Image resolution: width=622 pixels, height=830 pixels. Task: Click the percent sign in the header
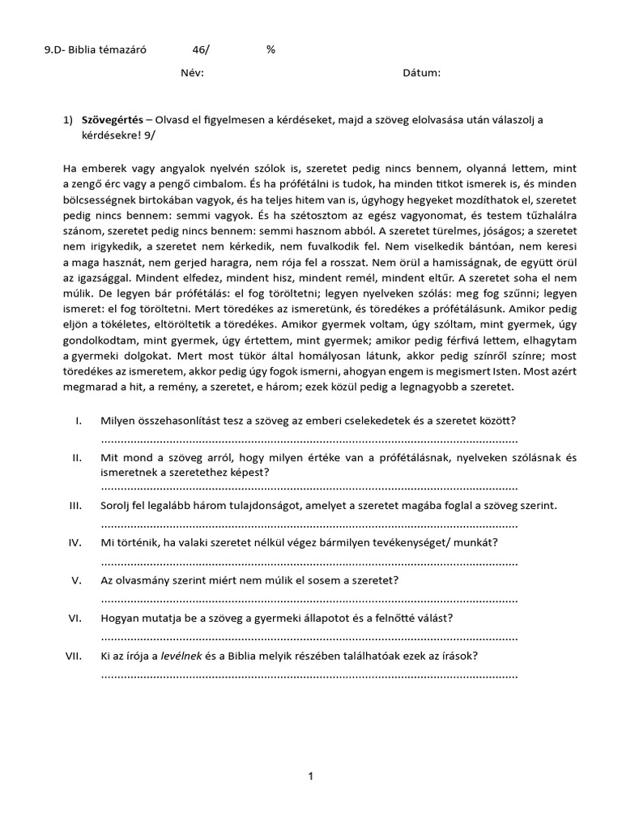pyautogui.click(x=271, y=49)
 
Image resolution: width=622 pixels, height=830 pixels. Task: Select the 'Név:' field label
pyautogui.click(x=192, y=73)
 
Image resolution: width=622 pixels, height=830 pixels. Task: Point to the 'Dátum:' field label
pyautogui.click(x=421, y=73)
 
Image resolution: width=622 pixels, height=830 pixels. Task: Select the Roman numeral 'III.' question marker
pyautogui.click(x=76, y=505)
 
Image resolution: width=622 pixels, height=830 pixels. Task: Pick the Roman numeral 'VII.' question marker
pyautogui.click(x=75, y=655)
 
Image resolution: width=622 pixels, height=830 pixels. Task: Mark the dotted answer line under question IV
pyautogui.click(x=309, y=562)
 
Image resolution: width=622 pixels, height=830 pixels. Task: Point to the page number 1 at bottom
pyautogui.click(x=310, y=777)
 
